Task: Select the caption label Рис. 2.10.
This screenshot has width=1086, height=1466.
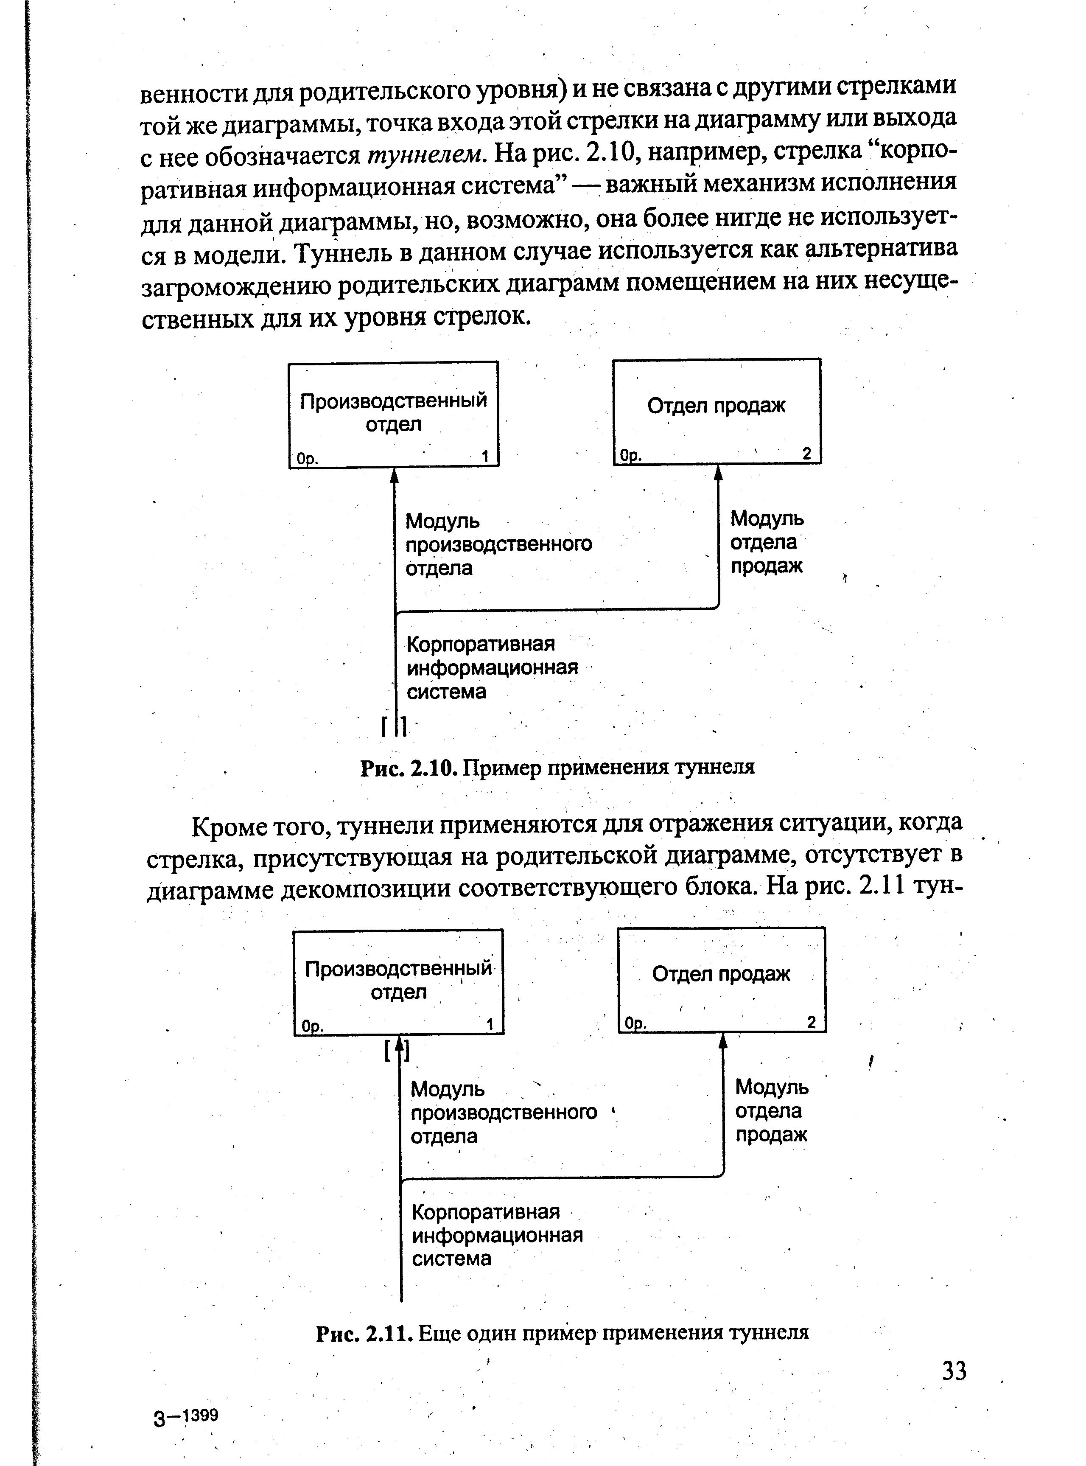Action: click(408, 767)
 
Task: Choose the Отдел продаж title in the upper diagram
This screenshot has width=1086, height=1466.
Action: click(716, 406)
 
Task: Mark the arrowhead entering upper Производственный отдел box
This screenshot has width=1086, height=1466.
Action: click(395, 475)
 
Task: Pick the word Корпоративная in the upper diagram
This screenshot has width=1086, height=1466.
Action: click(481, 644)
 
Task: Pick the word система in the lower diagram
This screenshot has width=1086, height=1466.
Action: click(452, 1258)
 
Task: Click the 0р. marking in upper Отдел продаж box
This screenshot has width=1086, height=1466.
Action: click(631, 455)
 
